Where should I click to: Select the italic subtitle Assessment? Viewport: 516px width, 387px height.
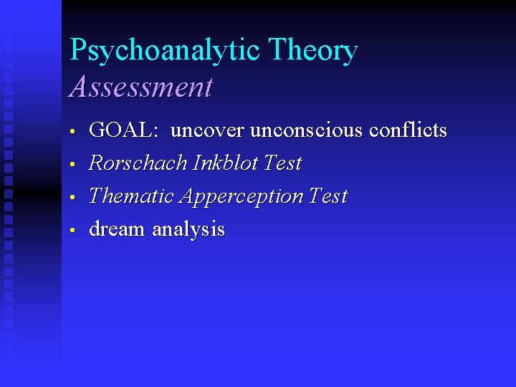point(141,87)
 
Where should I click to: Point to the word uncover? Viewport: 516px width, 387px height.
point(208,131)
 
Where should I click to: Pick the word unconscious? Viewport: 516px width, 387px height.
point(307,131)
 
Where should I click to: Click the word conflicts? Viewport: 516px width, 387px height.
point(408,131)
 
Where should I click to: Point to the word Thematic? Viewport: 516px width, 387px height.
point(133,196)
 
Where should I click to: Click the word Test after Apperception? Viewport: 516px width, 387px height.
point(327,196)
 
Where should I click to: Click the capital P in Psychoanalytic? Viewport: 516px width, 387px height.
point(78,51)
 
